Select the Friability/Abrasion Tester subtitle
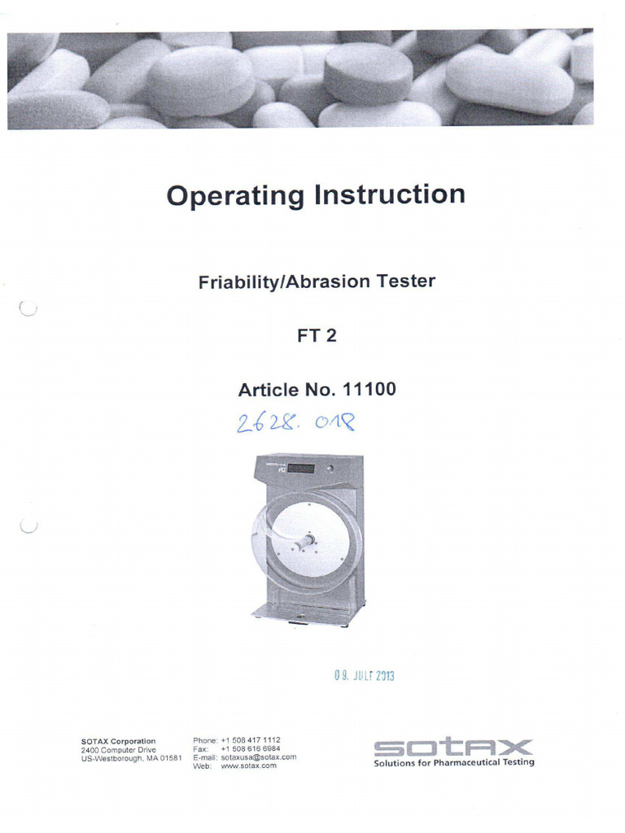317,282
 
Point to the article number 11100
370,390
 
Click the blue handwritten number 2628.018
295,423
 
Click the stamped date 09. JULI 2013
364,675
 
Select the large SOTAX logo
453,747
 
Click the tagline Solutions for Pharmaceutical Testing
454,762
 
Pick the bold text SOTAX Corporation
118,741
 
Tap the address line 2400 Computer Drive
118,749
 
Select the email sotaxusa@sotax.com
259,757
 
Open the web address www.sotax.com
249,765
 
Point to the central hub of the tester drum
307,540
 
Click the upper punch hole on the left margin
27,308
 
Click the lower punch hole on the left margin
28,527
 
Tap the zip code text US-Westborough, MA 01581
131,758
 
